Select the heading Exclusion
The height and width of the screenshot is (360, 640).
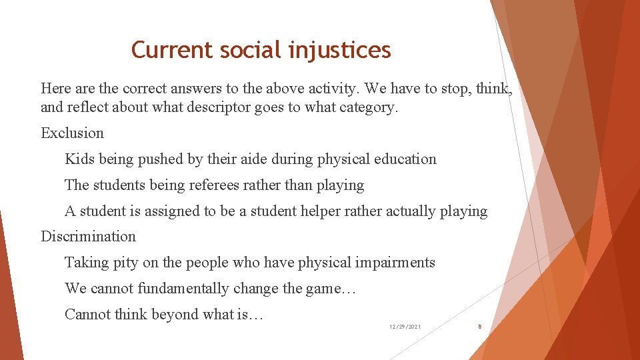pyautogui.click(x=72, y=133)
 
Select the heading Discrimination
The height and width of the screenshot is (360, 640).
pyautogui.click(x=88, y=237)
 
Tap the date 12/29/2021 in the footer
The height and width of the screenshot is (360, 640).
pyautogui.click(x=405, y=327)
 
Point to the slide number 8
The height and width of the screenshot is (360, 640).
pyautogui.click(x=479, y=327)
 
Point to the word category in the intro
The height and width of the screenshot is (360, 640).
pyautogui.click(x=367, y=107)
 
